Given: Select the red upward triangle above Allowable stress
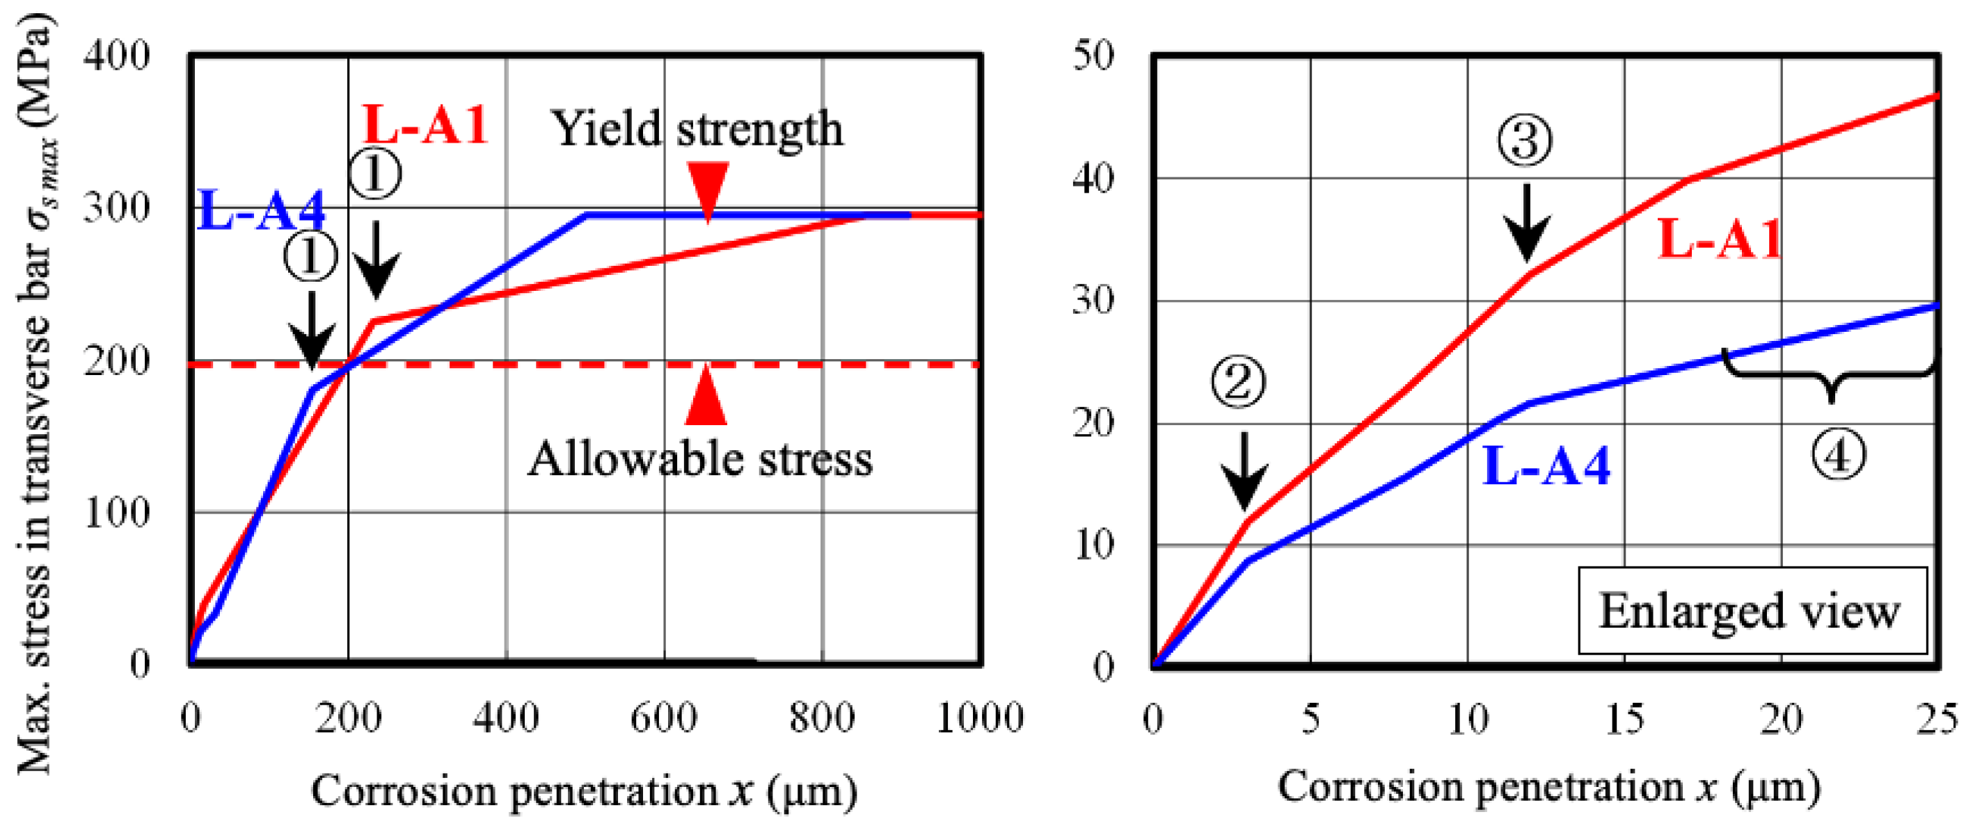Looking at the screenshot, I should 706,397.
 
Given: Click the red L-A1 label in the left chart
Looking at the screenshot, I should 425,124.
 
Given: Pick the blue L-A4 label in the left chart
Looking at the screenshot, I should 261,210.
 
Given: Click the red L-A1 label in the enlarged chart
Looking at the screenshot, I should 1719,239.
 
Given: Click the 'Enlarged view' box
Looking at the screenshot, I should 1752,611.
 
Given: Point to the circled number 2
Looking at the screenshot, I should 1238,381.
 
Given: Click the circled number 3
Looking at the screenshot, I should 1525,140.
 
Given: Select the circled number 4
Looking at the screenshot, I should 1839,456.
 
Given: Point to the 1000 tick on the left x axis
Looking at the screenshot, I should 979,717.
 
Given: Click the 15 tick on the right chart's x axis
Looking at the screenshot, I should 1625,717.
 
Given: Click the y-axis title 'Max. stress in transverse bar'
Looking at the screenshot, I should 36,397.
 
